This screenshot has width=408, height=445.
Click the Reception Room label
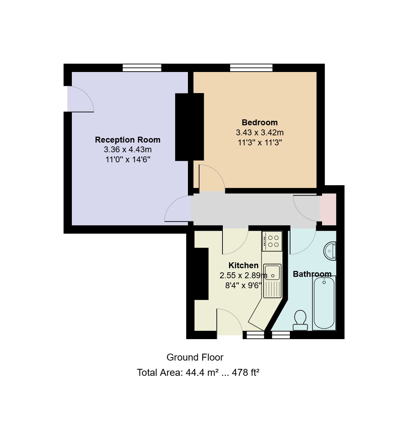tap(127, 140)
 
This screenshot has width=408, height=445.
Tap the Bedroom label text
tap(259, 122)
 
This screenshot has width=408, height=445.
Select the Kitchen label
tap(244, 265)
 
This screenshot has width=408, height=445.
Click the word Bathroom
tap(312, 274)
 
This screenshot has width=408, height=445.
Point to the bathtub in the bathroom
tap(324, 303)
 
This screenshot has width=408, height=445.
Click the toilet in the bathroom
tap(300, 320)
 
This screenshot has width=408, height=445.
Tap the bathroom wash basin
tap(330, 251)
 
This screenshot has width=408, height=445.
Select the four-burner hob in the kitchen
tap(272, 241)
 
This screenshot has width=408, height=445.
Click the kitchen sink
tap(272, 281)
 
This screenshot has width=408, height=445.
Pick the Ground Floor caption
tap(195, 357)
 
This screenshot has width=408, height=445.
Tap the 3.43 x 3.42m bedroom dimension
tap(259, 133)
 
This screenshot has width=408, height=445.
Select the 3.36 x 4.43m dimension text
tap(127, 149)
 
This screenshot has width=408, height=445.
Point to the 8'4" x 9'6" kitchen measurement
tap(244, 285)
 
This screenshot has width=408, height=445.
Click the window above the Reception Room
tap(142, 68)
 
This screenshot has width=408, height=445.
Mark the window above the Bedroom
tap(251, 68)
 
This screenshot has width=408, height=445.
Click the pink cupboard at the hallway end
tap(328, 209)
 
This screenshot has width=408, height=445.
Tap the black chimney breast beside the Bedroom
tap(189, 127)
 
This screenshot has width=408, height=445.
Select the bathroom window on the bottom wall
tap(281, 335)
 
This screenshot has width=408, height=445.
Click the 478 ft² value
tap(245, 372)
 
